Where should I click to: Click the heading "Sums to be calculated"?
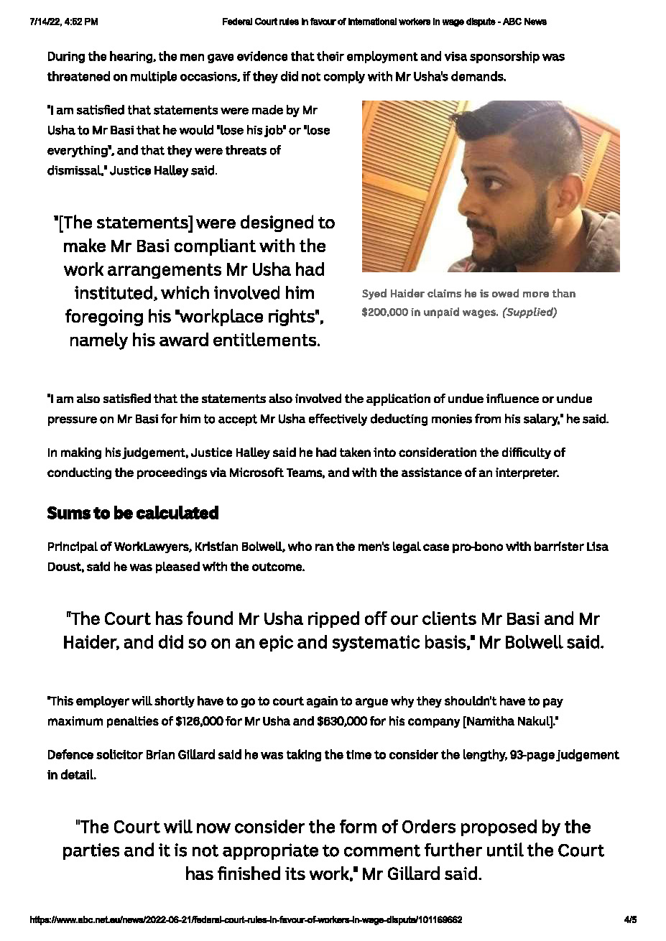(133, 513)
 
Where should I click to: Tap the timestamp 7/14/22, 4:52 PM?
(64, 22)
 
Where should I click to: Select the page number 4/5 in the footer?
(630, 919)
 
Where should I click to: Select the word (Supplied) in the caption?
(529, 312)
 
